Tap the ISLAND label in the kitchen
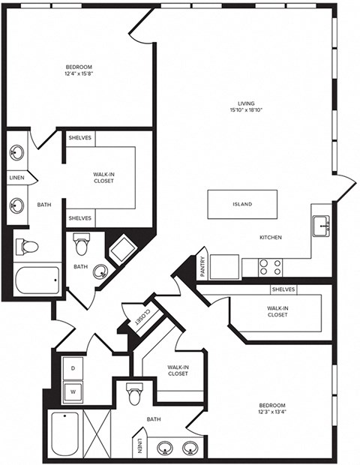241,204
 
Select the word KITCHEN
271,238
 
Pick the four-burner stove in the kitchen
271,267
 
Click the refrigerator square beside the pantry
224,267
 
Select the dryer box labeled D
73,368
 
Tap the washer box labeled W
73,391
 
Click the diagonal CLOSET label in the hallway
142,317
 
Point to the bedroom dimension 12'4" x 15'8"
79,71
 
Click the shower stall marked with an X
97,432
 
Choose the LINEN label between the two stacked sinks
16,178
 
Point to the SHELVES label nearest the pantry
283,289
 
